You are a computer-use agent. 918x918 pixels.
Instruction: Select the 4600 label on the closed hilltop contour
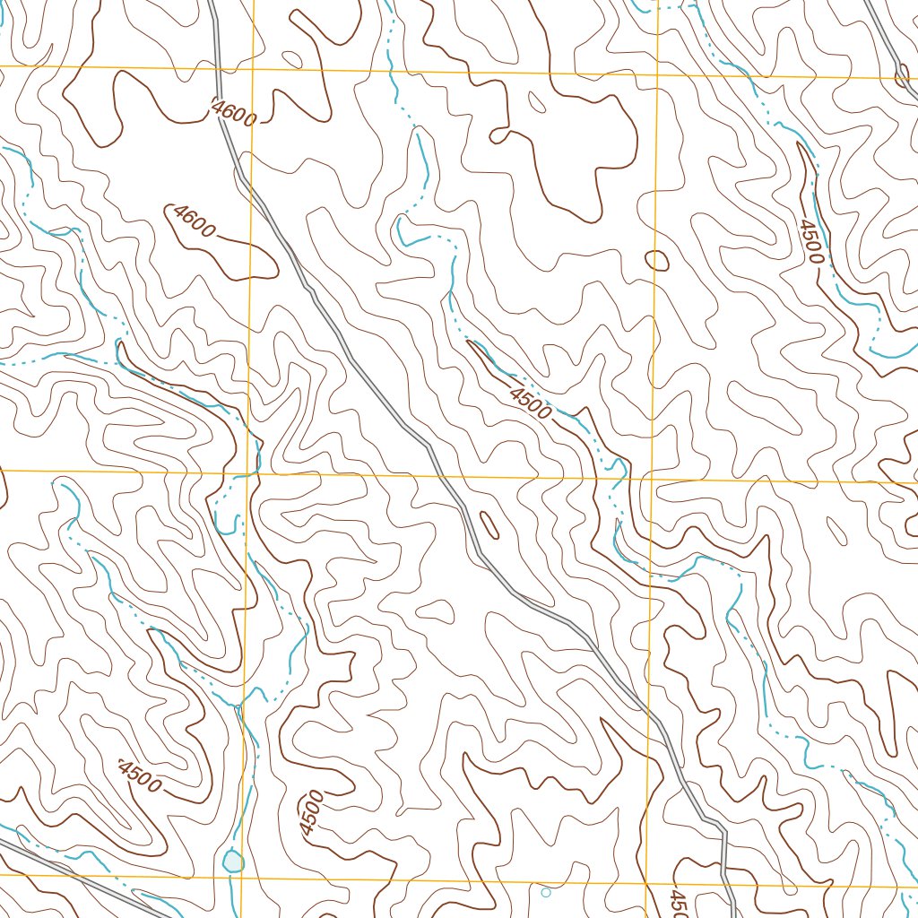[195, 221]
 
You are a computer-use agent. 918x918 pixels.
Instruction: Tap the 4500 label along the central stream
[530, 403]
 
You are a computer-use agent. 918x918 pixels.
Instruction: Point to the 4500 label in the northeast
[810, 241]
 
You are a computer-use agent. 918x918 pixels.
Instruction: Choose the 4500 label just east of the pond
[311, 813]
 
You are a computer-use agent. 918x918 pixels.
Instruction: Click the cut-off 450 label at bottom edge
[678, 901]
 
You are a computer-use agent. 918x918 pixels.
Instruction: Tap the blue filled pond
[232, 862]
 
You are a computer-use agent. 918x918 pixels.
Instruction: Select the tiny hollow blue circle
[546, 892]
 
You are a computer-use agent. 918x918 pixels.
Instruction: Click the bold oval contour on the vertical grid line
[657, 261]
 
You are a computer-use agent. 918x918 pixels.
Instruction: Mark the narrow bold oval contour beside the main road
[489, 524]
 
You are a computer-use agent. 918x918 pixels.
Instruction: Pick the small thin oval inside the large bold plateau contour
[537, 103]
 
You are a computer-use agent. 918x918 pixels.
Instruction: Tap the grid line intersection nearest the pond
[243, 876]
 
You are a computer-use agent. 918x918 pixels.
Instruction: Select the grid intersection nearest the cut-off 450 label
[646, 883]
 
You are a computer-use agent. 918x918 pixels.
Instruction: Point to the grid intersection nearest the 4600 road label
[253, 69]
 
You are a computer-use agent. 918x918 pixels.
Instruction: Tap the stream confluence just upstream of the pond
[238, 705]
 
